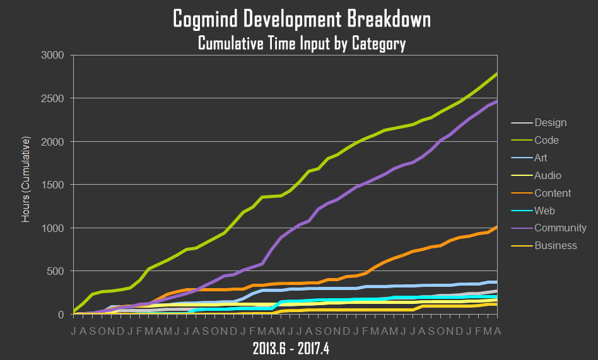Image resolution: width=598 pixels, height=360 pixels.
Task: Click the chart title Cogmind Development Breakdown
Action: pos(301,20)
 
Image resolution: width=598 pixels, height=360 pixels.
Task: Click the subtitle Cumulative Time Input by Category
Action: pos(301,44)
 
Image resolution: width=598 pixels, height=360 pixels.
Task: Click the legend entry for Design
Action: pos(550,123)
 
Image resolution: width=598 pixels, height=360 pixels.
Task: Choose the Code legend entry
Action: pos(546,141)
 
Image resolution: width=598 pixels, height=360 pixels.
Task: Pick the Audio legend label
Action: pos(548,176)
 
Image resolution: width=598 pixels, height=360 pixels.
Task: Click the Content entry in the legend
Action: pos(553,194)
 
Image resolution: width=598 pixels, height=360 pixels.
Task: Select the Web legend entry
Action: pos(544,211)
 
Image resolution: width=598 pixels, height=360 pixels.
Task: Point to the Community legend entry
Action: pos(560,228)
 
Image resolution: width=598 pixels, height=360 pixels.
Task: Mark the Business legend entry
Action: pos(555,246)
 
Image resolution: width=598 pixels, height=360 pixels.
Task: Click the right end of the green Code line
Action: pos(496,74)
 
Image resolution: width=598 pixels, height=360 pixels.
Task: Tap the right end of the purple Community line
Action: pos(496,102)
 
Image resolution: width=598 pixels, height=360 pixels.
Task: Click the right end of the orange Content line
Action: pos(496,227)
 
